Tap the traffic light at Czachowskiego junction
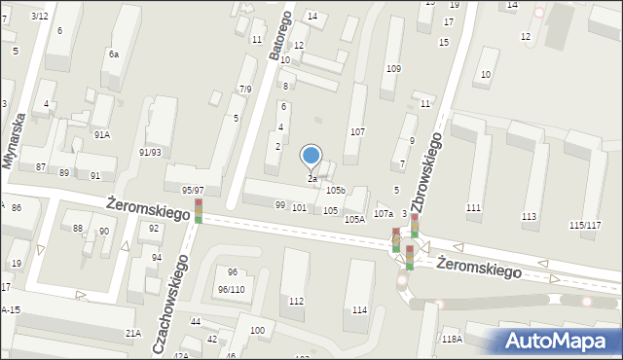pos(198,211)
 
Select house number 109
pos(393,69)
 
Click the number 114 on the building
pos(360,310)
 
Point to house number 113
pos(530,216)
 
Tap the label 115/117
pos(584,226)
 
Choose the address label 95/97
pos(193,191)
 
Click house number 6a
pos(114,54)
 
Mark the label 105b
pos(336,190)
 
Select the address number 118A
pos(451,339)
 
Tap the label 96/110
pos(231,290)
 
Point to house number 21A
pos(132,333)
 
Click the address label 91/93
pos(150,153)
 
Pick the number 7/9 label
pos(245,90)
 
